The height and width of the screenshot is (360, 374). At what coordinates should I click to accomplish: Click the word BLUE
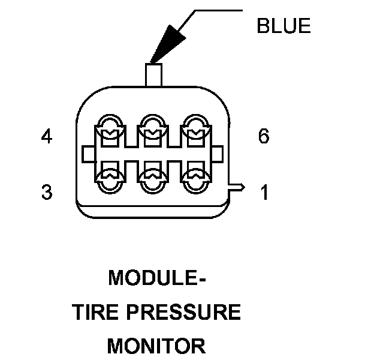pyautogui.click(x=283, y=26)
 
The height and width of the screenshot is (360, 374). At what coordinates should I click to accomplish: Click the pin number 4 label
pyautogui.click(x=47, y=137)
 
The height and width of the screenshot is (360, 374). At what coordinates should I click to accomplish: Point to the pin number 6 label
pyautogui.click(x=264, y=137)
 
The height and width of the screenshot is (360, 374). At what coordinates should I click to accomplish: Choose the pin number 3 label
pyautogui.click(x=47, y=193)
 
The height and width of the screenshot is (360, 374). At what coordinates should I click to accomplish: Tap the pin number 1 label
pyautogui.click(x=264, y=193)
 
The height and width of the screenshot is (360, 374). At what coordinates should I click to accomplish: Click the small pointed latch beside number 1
pyautogui.click(x=238, y=187)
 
